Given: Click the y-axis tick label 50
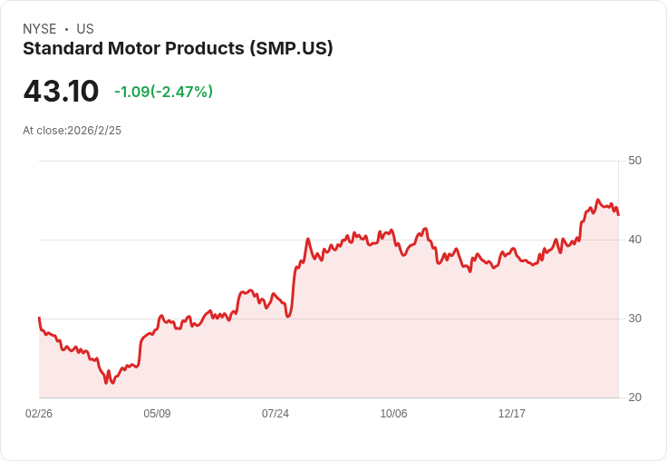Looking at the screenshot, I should point(634,161).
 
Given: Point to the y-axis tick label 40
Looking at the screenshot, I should point(634,240).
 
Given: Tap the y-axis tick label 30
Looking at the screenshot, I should point(634,319).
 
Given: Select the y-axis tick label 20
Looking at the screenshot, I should point(634,397).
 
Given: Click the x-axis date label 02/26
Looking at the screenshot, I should point(39,414).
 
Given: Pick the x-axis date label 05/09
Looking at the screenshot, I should point(157,414).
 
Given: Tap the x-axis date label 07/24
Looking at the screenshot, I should point(275,414).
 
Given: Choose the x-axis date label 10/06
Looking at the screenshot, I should point(393,414).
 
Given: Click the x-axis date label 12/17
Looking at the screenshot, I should point(512,414).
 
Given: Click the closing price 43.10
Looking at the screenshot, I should point(61,92).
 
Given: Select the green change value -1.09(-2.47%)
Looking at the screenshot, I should point(163,92).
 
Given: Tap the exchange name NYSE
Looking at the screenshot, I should point(40,29).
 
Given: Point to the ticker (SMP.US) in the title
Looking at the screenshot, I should point(291,49).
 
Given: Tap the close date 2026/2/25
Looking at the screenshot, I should point(94,131).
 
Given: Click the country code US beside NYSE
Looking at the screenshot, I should point(85,29).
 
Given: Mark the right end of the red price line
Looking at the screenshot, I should point(618,214).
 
